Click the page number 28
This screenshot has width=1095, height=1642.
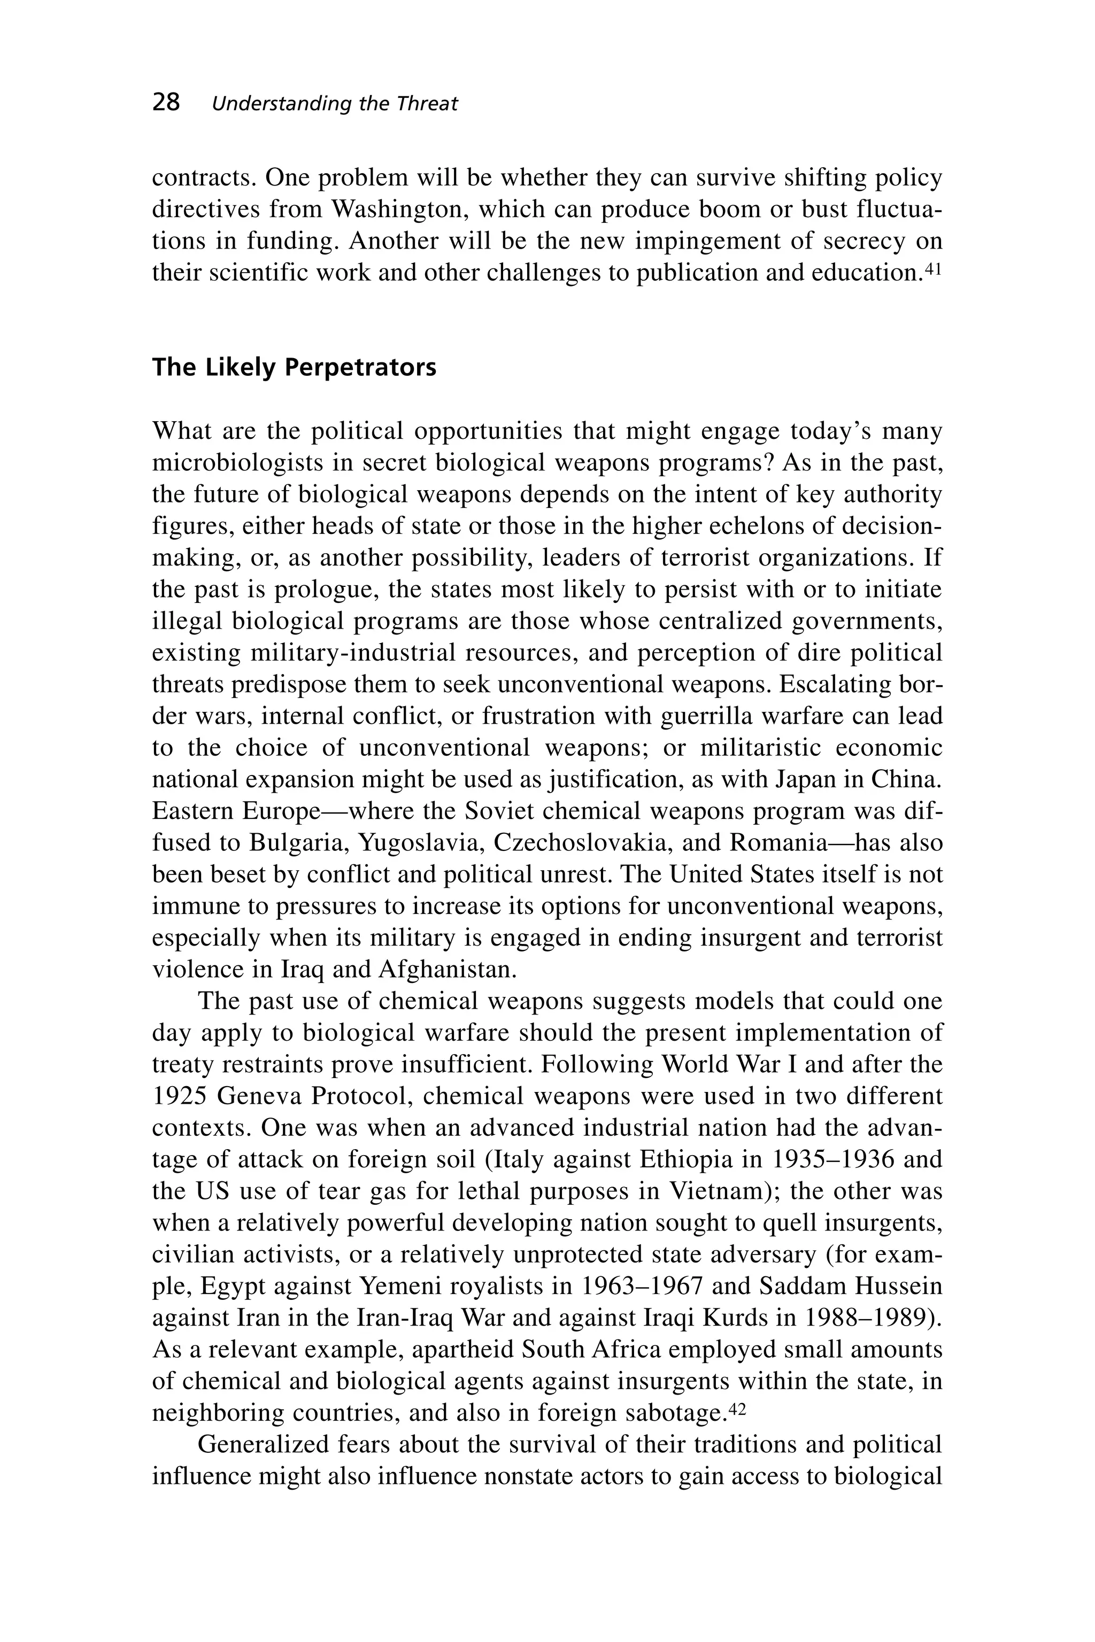pos(166,103)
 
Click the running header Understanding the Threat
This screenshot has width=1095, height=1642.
pos(335,104)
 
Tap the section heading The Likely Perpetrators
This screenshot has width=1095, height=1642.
pos(294,367)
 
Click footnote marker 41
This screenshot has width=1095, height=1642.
pos(934,267)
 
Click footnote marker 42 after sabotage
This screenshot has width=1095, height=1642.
pos(737,1407)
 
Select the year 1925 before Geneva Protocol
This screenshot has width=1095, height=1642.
pos(178,1096)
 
